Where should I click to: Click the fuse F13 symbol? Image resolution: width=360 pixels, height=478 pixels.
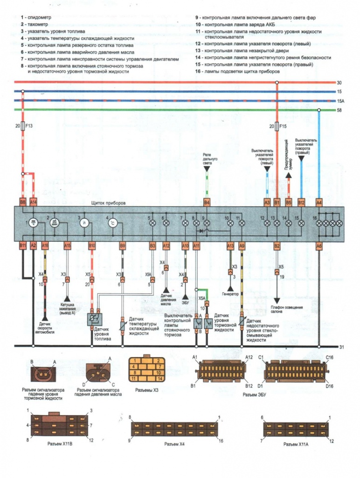point(22,127)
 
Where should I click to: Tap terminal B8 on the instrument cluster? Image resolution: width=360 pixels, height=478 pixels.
point(22,202)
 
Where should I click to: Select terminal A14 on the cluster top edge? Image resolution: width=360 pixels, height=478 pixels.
point(33,202)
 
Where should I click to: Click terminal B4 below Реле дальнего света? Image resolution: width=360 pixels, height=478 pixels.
point(207,202)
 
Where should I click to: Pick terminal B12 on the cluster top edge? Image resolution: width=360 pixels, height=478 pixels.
point(301,202)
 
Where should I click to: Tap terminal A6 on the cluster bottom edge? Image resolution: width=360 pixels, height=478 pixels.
point(319,245)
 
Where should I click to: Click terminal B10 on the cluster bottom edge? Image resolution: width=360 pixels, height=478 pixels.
point(92,245)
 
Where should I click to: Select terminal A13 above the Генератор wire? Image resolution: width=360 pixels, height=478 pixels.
point(230,245)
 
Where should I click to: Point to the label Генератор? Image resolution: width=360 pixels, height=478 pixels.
point(230,294)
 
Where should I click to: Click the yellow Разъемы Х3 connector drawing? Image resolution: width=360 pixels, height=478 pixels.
point(146,370)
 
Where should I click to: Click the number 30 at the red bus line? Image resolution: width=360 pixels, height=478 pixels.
point(339,83)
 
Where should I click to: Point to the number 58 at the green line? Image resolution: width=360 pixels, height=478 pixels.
point(339,110)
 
